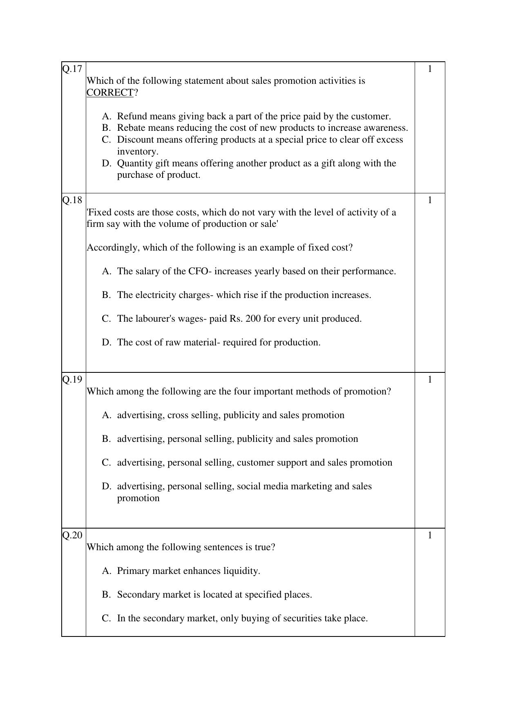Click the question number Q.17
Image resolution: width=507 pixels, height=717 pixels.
pyautogui.click(x=72, y=69)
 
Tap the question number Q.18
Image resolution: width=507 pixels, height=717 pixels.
pyautogui.click(x=72, y=200)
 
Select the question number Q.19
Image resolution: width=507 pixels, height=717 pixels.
pyautogui.click(x=72, y=379)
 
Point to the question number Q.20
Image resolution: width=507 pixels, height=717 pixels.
pyautogui.click(x=72, y=535)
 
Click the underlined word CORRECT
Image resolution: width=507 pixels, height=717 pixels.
pyautogui.click(x=110, y=93)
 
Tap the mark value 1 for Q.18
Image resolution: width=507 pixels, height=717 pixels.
pyautogui.click(x=430, y=200)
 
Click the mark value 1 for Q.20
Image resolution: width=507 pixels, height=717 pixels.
pyautogui.click(x=430, y=535)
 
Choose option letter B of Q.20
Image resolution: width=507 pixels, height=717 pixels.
pyautogui.click(x=106, y=595)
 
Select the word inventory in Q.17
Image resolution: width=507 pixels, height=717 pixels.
pyautogui.click(x=137, y=152)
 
